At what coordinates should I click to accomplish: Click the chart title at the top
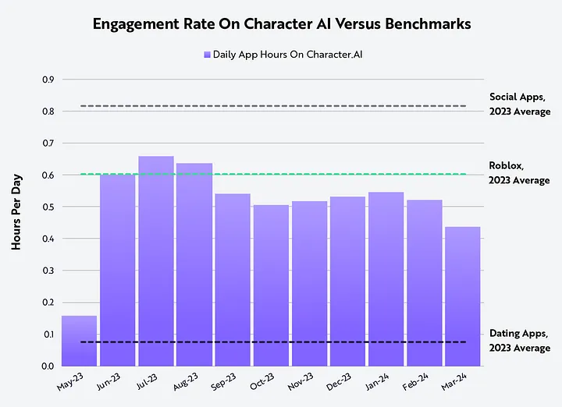[281, 23]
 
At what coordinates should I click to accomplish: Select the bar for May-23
[79, 341]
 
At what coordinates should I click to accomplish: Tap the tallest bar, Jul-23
[156, 261]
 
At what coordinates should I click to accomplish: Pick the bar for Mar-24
[462, 296]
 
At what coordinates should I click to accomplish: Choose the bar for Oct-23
[271, 285]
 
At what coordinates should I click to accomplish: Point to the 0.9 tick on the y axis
[48, 80]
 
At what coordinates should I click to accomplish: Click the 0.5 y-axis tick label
[48, 207]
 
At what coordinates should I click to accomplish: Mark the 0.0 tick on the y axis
[48, 366]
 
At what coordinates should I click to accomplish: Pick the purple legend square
[207, 55]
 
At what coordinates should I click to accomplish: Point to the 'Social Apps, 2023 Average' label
[519, 104]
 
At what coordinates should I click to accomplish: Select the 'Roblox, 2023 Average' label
[519, 172]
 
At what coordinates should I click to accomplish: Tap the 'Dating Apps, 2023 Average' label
[519, 341]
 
